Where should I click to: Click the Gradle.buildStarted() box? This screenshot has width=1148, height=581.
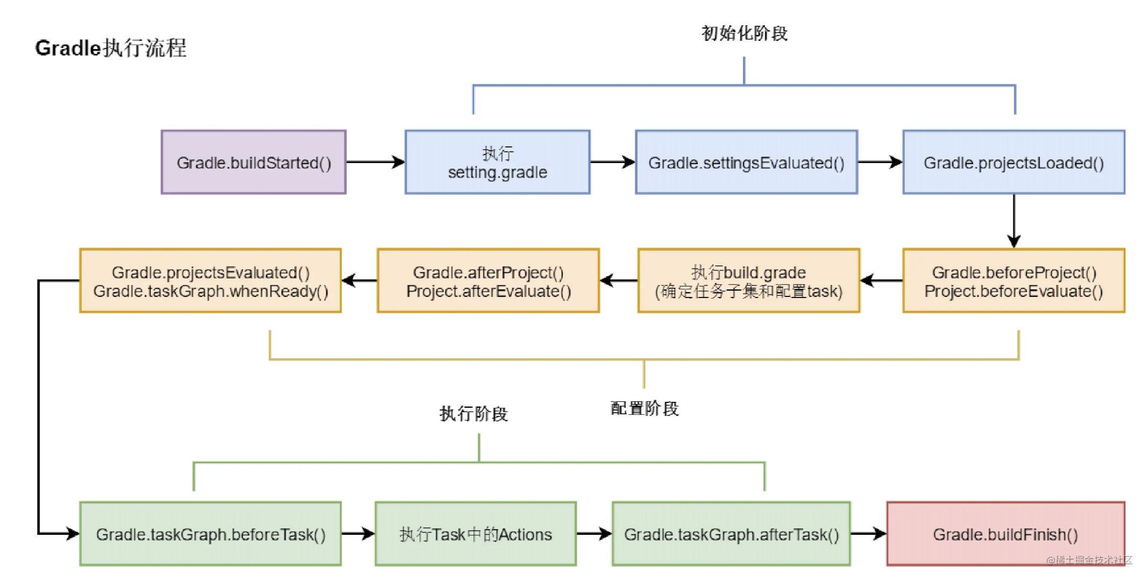click(253, 162)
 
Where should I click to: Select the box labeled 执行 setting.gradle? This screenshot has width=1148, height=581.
click(497, 162)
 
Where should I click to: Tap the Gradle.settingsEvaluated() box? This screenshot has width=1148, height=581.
click(746, 162)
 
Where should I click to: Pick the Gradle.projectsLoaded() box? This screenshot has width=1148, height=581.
click(1013, 162)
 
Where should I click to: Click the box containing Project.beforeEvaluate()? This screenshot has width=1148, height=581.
click(1013, 281)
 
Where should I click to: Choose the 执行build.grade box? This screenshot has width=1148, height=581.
click(748, 281)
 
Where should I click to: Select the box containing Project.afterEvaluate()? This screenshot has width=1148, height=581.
click(488, 281)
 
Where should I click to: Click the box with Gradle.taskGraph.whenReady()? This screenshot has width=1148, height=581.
click(210, 281)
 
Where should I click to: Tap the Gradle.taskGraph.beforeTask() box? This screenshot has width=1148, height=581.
click(210, 534)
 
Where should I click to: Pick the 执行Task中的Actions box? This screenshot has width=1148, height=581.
click(475, 534)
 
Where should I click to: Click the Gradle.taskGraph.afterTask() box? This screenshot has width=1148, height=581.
click(731, 534)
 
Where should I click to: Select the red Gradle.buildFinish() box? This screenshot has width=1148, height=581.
click(1005, 534)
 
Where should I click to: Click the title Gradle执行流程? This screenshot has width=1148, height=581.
click(110, 48)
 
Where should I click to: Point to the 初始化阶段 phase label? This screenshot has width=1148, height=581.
click(744, 33)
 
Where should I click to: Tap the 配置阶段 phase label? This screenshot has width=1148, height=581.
click(644, 408)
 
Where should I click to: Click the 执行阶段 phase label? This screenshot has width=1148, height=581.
click(473, 414)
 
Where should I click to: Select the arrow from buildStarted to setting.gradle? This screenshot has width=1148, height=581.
click(375, 162)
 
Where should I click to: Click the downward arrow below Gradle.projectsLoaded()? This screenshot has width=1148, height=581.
click(1013, 221)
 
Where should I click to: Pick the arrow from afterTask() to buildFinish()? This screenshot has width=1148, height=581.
click(868, 534)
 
